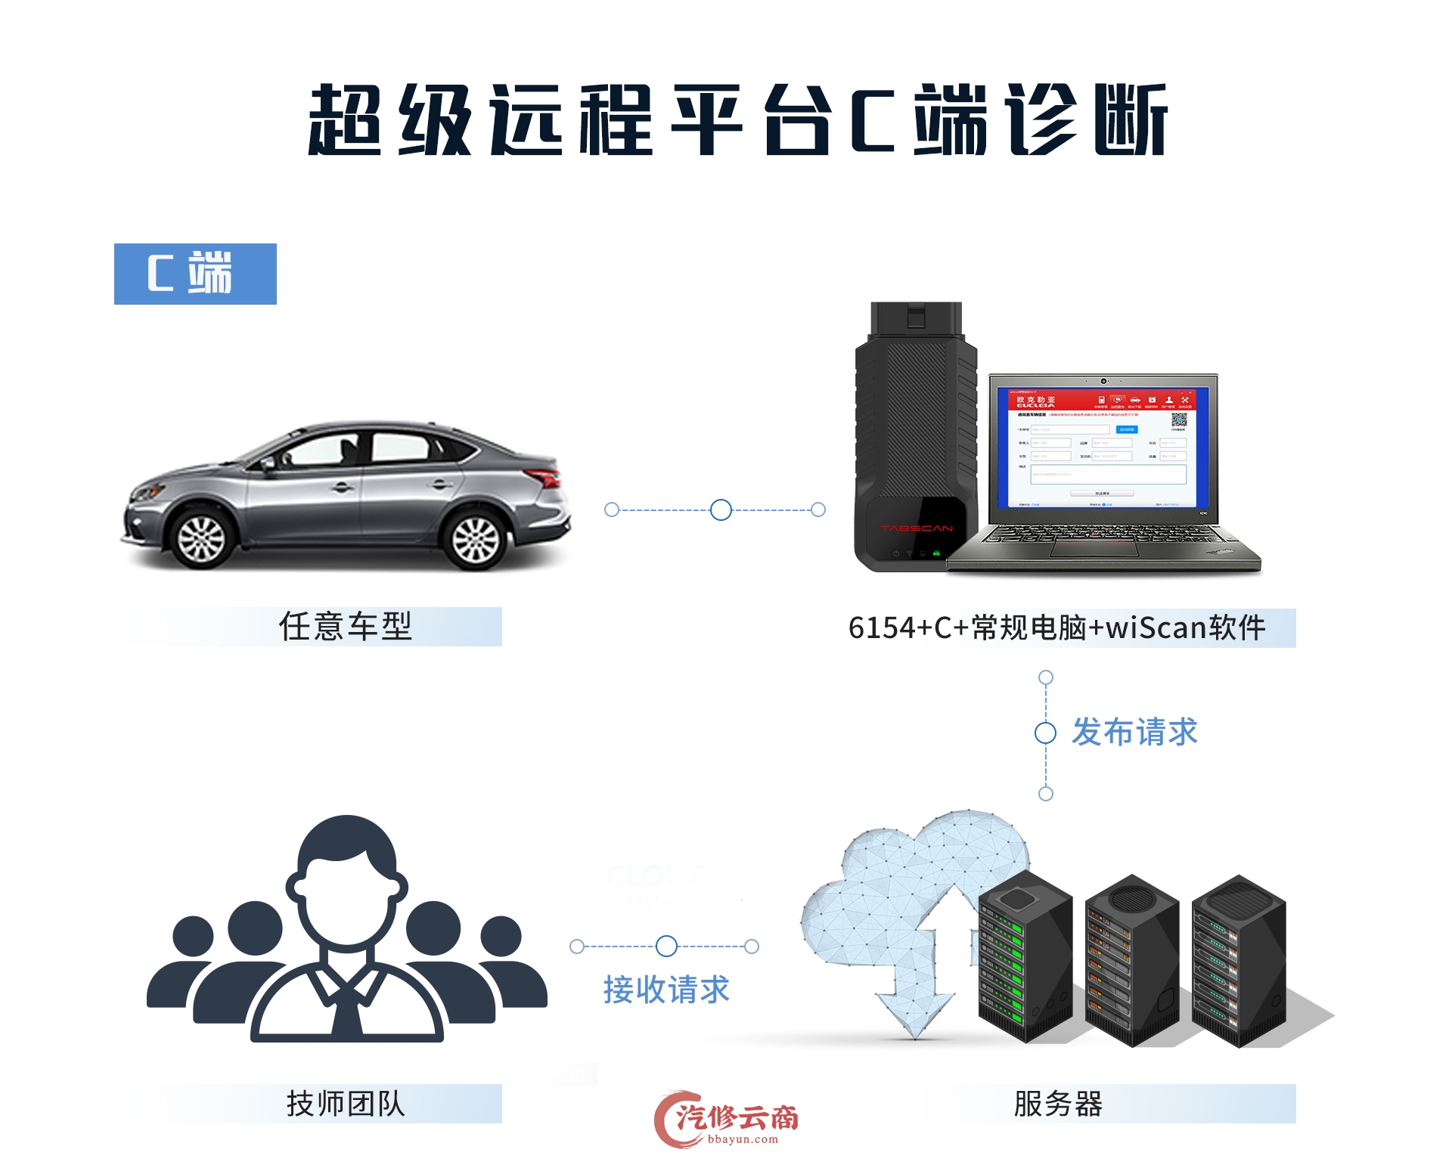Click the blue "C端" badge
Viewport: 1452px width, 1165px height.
(x=195, y=274)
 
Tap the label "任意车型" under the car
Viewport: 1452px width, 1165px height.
(x=346, y=627)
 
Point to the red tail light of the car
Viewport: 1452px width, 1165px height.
(x=545, y=478)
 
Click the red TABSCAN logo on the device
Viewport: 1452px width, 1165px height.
(x=917, y=528)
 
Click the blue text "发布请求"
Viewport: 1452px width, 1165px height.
(x=1134, y=732)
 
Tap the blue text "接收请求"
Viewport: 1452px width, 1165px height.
(x=666, y=990)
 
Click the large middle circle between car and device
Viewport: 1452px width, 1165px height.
(x=721, y=510)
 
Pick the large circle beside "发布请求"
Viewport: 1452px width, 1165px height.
(x=1045, y=733)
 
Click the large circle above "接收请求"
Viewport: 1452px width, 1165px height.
(x=666, y=946)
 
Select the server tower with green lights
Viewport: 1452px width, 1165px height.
(x=1025, y=956)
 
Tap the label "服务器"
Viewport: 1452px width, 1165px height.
(x=1058, y=1104)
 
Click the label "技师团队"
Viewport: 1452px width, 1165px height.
(x=346, y=1104)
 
